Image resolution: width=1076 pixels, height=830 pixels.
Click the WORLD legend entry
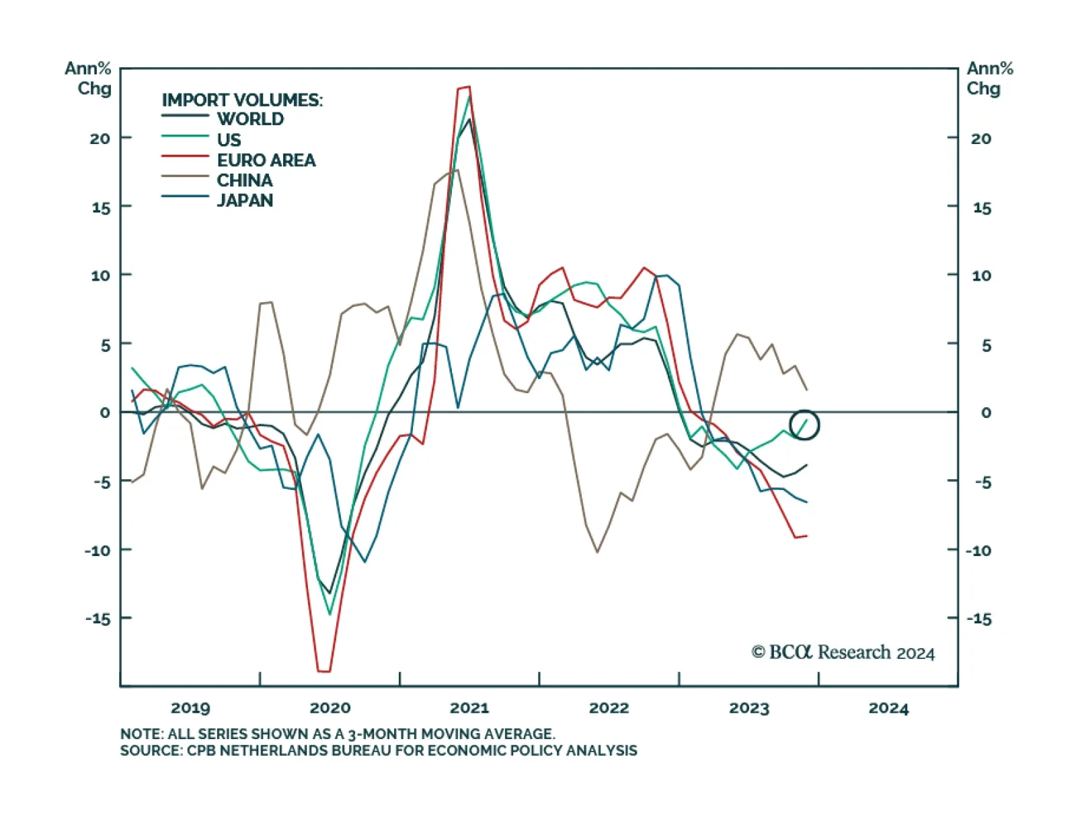(x=250, y=119)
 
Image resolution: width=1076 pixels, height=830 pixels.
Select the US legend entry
(x=229, y=140)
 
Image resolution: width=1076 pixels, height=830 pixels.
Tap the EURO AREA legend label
(x=266, y=160)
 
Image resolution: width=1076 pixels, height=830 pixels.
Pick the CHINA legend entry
(x=245, y=180)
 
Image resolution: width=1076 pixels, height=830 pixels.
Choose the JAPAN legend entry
(x=245, y=201)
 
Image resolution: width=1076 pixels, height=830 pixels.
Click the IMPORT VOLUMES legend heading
(x=242, y=100)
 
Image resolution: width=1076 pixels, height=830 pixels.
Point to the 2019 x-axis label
(x=190, y=708)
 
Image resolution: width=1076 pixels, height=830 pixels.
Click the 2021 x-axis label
(x=469, y=708)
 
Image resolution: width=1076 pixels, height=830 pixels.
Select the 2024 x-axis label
(x=888, y=708)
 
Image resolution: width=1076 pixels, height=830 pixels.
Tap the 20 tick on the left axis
(x=100, y=139)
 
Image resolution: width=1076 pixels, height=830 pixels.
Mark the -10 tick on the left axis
(x=98, y=550)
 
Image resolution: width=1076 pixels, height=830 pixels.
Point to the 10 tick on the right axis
(x=981, y=275)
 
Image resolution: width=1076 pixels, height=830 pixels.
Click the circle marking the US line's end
(x=804, y=425)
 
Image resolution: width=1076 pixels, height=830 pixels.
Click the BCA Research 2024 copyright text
(x=843, y=652)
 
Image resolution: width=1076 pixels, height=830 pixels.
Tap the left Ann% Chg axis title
(x=88, y=78)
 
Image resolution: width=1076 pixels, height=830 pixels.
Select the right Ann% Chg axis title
(x=989, y=78)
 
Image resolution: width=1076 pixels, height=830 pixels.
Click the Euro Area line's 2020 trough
(x=323, y=670)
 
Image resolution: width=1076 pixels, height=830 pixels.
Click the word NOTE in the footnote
(x=141, y=734)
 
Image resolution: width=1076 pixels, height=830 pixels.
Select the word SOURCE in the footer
(x=150, y=751)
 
